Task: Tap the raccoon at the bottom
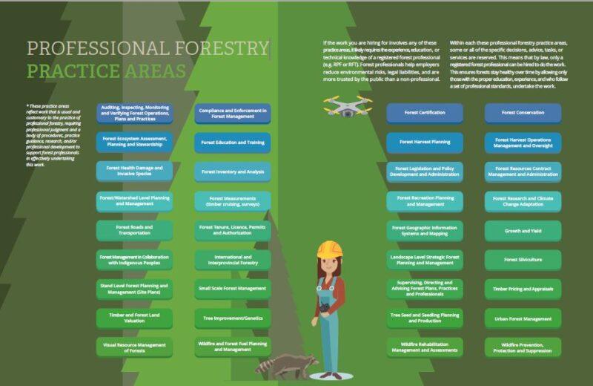click(x=285, y=363)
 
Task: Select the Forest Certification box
click(x=424, y=113)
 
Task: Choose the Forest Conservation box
click(x=523, y=113)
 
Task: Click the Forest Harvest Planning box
click(x=424, y=142)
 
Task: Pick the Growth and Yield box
click(x=523, y=231)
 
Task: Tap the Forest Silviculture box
click(x=523, y=260)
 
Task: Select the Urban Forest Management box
click(x=523, y=318)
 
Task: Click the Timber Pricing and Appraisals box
click(x=523, y=289)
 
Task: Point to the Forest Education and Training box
click(x=232, y=142)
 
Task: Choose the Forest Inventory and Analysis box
click(x=232, y=171)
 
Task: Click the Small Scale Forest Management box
click(x=232, y=288)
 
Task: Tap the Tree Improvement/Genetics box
click(x=232, y=318)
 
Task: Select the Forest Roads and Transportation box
click(x=134, y=229)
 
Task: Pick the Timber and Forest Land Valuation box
click(x=134, y=318)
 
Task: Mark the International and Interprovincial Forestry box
click(x=232, y=259)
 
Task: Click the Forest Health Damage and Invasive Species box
click(x=134, y=171)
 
